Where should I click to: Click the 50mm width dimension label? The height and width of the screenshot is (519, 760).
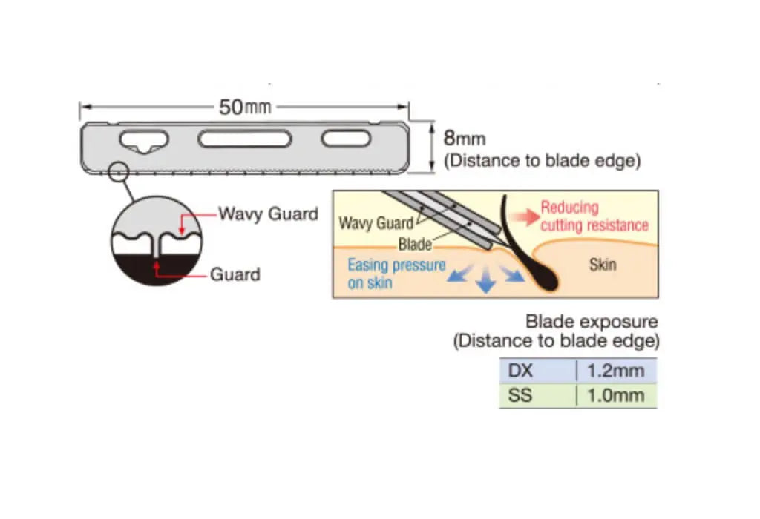click(x=244, y=108)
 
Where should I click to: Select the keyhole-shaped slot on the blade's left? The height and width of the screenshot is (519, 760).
click(x=144, y=140)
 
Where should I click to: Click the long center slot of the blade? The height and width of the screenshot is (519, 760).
click(x=243, y=139)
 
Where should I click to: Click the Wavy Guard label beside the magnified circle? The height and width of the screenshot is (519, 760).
click(x=267, y=214)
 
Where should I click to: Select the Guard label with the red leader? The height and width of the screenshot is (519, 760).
click(x=235, y=275)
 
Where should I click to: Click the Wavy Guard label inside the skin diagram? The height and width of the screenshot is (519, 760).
click(x=376, y=223)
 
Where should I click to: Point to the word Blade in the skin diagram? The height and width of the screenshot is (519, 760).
click(x=415, y=244)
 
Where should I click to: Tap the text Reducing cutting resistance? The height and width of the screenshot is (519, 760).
click(x=593, y=216)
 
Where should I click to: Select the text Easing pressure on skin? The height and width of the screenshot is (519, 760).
click(x=396, y=274)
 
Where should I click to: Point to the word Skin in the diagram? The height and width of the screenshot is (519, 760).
click(x=602, y=264)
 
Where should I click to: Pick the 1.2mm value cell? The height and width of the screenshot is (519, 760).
click(x=616, y=371)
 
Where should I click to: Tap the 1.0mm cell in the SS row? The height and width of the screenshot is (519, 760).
click(x=616, y=396)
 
